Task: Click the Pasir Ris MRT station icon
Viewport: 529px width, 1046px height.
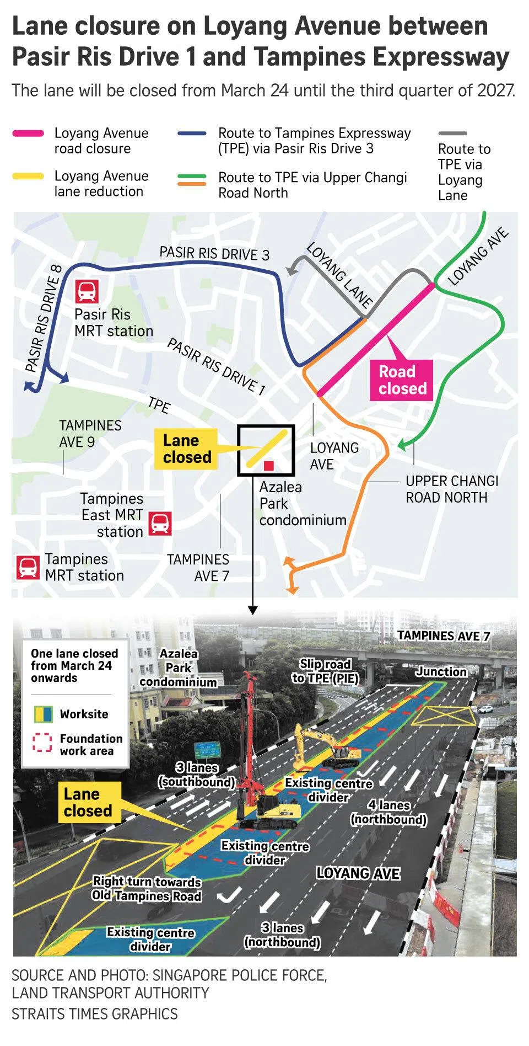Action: pyautogui.click(x=87, y=291)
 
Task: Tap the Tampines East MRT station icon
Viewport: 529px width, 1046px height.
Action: pyautogui.click(x=160, y=523)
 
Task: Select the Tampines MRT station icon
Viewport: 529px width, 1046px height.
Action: pyautogui.click(x=28, y=567)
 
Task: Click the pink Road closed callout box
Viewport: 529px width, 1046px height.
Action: pyautogui.click(x=402, y=380)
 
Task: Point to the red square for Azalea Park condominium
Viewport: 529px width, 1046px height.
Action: pyautogui.click(x=269, y=466)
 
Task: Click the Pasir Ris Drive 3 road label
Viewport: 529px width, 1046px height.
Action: pyautogui.click(x=214, y=253)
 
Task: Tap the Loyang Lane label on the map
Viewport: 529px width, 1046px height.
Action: pyautogui.click(x=339, y=274)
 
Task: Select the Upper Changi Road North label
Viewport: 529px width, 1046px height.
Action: pyautogui.click(x=452, y=489)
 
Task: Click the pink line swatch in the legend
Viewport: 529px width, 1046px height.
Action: pyautogui.click(x=28, y=134)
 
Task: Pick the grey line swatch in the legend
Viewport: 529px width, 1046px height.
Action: pyautogui.click(x=452, y=134)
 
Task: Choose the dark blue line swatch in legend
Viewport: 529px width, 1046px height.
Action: pyautogui.click(x=192, y=134)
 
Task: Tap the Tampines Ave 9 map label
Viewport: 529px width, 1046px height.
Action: pyautogui.click(x=90, y=434)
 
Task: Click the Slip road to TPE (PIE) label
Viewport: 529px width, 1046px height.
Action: pyautogui.click(x=325, y=671)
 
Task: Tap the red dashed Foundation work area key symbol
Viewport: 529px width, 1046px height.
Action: pyautogui.click(x=42, y=743)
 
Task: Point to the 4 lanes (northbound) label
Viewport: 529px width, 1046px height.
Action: pyautogui.click(x=388, y=812)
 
